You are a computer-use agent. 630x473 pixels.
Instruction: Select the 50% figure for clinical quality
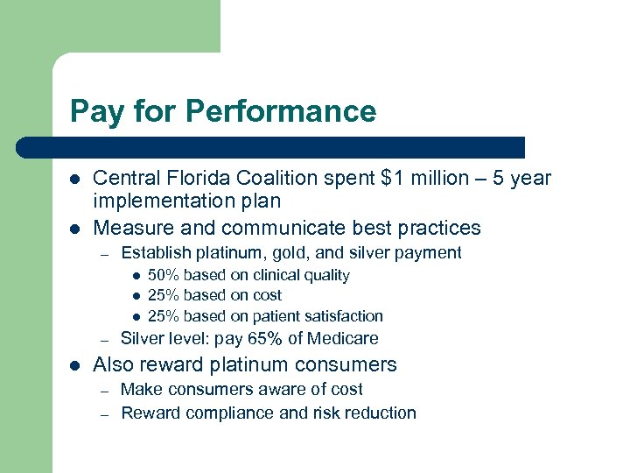164,275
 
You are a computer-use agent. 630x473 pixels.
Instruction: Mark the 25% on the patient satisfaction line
164,316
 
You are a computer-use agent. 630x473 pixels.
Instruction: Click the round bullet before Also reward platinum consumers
75,365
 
